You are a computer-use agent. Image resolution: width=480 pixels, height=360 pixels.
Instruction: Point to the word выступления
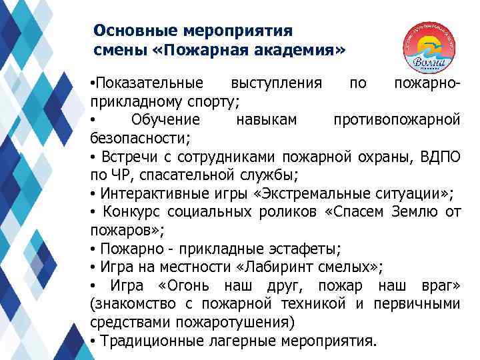click(x=276, y=84)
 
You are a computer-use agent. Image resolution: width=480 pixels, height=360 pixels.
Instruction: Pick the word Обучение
click(x=165, y=120)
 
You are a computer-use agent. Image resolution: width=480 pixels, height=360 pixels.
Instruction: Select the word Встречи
click(x=125, y=157)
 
